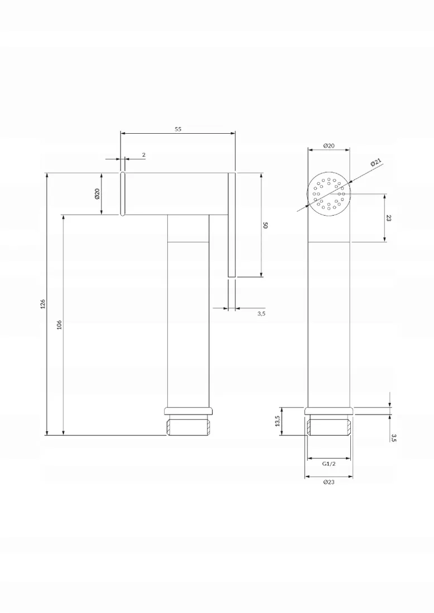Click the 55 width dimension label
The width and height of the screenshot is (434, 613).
point(178,129)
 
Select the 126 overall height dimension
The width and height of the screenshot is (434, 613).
point(43,304)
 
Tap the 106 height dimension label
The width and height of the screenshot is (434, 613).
point(60,324)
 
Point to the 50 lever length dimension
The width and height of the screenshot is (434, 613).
point(266,225)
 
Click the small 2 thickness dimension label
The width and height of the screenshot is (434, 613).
point(143,155)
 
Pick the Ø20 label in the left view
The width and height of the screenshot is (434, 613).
point(97,193)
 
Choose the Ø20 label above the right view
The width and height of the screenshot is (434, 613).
point(329,145)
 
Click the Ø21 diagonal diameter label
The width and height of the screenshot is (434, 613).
point(375,163)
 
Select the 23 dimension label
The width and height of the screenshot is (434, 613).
point(388,218)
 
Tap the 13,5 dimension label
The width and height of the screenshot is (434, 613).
point(277,421)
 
